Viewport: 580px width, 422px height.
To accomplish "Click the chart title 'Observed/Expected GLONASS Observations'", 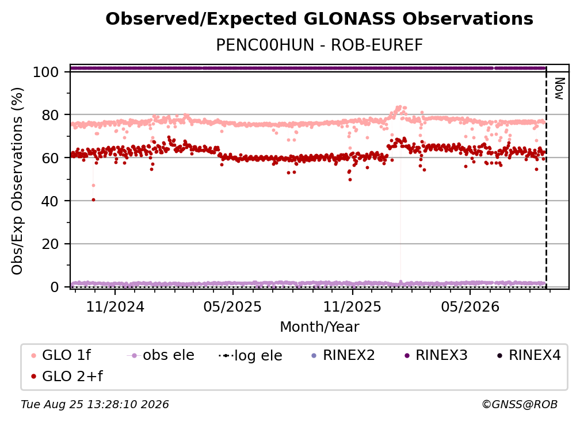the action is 319,19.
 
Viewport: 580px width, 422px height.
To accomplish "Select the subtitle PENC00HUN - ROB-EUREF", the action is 319,45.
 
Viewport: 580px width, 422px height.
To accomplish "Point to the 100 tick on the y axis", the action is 46,72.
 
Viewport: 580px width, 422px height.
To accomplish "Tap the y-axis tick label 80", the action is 50,115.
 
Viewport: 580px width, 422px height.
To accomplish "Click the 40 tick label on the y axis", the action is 50,201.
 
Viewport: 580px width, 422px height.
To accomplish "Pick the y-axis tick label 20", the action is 50,244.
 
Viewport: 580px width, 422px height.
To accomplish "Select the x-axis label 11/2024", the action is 115,306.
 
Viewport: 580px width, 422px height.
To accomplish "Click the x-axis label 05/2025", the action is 232,306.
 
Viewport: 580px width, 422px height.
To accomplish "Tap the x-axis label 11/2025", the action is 352,306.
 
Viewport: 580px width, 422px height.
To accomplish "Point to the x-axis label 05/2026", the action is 470,306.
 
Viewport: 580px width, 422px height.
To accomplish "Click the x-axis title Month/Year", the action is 319,327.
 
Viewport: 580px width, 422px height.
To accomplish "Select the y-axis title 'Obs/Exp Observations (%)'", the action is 17,181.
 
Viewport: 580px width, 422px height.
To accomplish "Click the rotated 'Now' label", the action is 559,89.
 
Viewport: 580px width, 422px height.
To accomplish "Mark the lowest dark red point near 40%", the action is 94,200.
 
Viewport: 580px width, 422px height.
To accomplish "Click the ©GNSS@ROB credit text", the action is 520,404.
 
